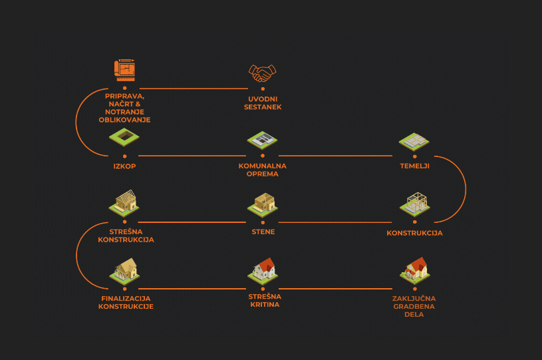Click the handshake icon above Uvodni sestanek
point(263,72)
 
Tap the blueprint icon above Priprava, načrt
point(125,69)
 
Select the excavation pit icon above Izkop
point(124,137)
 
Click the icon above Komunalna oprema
point(262,140)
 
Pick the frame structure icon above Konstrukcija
point(414,204)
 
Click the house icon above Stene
point(264,203)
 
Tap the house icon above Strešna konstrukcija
point(126,202)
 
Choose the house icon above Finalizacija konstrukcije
point(126,269)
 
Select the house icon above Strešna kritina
point(263,270)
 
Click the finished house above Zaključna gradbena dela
point(414,269)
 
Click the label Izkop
point(124,166)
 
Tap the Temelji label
point(414,166)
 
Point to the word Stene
point(263,232)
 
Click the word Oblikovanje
point(124,120)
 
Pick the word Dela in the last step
point(414,315)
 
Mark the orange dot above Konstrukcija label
point(414,222)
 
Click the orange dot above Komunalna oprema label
point(263,156)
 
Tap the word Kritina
point(265,304)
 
